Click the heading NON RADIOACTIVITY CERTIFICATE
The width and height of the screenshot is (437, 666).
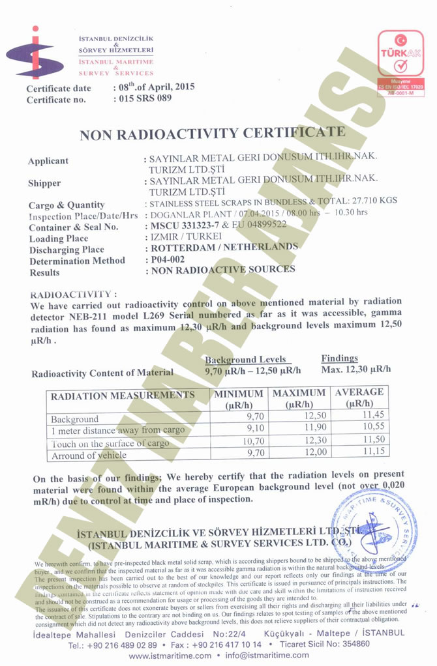pyautogui.click(x=212, y=134)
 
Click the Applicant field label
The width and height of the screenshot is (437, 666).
pyautogui.click(x=48, y=161)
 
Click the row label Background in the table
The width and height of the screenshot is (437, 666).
pyautogui.click(x=75, y=419)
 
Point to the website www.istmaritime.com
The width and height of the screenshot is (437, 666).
pyautogui.click(x=170, y=655)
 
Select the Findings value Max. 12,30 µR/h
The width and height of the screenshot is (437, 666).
pyautogui.click(x=356, y=369)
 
